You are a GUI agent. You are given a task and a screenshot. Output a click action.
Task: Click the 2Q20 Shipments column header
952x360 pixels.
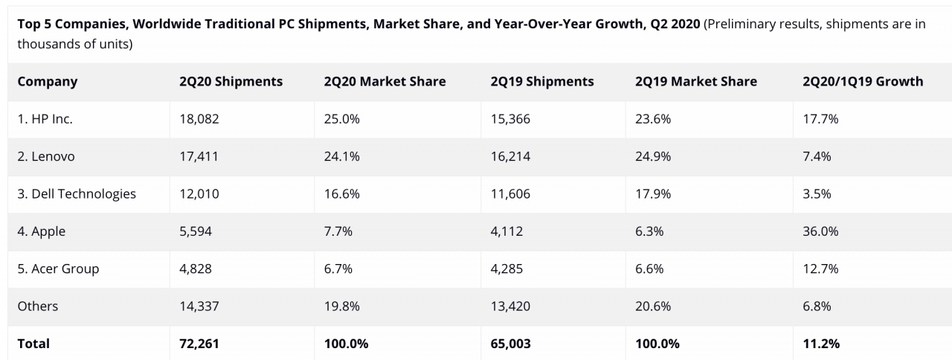pyautogui.click(x=231, y=82)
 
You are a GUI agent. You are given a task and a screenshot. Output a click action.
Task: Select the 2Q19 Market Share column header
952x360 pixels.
pyautogui.click(x=695, y=82)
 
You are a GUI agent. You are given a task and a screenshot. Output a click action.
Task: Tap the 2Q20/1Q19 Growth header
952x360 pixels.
pyautogui.click(x=863, y=82)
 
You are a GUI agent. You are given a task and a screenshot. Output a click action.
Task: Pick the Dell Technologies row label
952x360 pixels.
pyautogui.click(x=77, y=194)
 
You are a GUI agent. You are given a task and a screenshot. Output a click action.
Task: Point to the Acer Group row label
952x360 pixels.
pyautogui.click(x=58, y=269)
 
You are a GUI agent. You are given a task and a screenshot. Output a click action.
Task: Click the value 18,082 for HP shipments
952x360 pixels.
pyautogui.click(x=199, y=119)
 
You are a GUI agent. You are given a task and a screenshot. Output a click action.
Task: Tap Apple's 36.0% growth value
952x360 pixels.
pyautogui.click(x=820, y=231)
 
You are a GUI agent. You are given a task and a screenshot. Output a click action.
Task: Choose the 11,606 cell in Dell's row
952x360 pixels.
pyautogui.click(x=510, y=194)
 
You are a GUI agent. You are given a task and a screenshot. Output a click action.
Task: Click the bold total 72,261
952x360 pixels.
pyautogui.click(x=199, y=344)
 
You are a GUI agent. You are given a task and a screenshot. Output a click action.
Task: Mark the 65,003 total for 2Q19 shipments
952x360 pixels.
pyautogui.click(x=511, y=344)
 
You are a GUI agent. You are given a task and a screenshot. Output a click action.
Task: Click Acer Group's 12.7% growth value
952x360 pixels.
pyautogui.click(x=820, y=269)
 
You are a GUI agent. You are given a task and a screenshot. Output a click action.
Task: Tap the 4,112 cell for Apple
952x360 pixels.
pyautogui.click(x=506, y=231)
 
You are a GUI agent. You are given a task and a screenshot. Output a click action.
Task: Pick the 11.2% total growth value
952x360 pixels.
pyautogui.click(x=821, y=344)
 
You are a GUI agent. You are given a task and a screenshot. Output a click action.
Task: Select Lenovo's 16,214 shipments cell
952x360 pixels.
pyautogui.click(x=510, y=157)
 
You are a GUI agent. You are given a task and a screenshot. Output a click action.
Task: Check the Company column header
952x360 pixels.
pyautogui.click(x=48, y=82)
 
